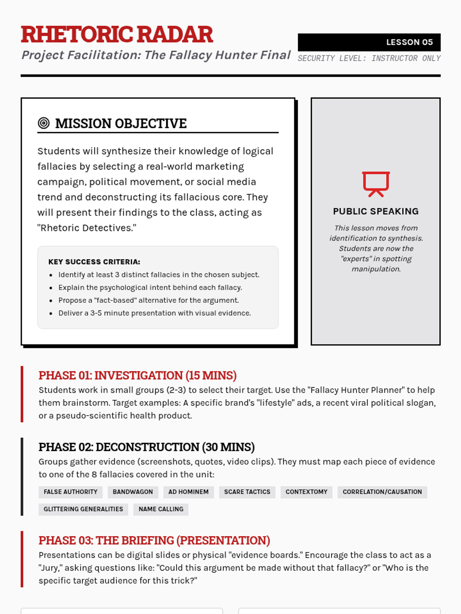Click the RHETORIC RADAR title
[x=117, y=35]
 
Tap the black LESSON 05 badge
[x=369, y=42]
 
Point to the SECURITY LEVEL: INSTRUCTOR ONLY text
[x=369, y=58]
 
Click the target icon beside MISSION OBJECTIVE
[x=44, y=123]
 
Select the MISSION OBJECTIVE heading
[x=121, y=124]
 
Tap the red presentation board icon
[x=376, y=184]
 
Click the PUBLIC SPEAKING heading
[x=376, y=211]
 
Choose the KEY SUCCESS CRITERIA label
[x=94, y=262]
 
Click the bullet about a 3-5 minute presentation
[x=154, y=313]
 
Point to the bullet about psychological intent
[x=150, y=287]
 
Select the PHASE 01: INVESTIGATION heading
[x=138, y=375]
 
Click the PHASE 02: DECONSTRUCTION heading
[x=146, y=447]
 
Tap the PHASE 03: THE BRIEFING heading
[x=154, y=540]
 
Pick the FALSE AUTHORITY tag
[x=71, y=492]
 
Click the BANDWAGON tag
[x=133, y=492]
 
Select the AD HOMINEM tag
[x=188, y=492]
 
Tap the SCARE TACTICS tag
[x=247, y=492]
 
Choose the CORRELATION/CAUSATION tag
[x=382, y=492]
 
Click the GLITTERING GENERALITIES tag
[x=83, y=509]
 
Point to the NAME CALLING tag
[x=161, y=509]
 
